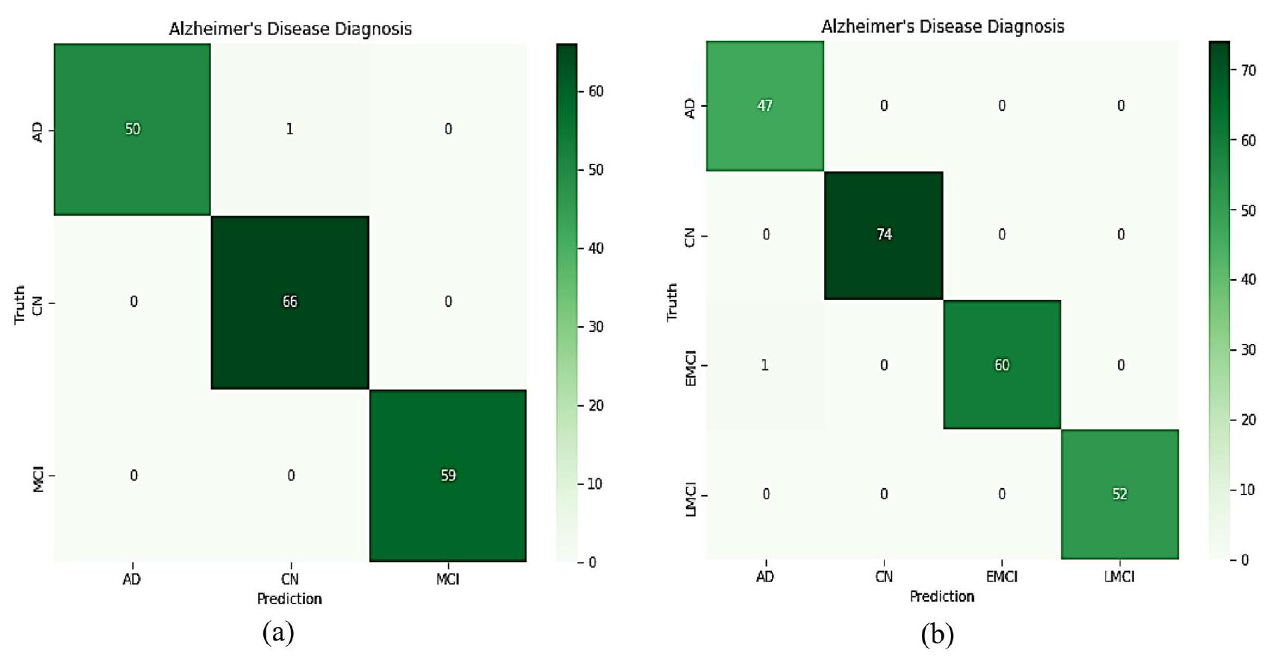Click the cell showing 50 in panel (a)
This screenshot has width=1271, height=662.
[132, 129]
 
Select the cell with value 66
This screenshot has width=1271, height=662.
[289, 302]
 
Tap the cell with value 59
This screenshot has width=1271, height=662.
[448, 475]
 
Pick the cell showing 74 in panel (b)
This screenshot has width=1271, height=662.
[884, 234]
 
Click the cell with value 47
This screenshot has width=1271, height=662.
[765, 105]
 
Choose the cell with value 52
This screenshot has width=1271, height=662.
[1120, 494]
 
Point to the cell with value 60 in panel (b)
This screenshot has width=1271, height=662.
[1001, 365]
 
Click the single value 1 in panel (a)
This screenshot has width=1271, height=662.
[289, 129]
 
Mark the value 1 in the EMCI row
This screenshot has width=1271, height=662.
[765, 365]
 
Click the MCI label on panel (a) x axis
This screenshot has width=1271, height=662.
[448, 579]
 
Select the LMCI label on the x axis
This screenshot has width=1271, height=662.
[1120, 577]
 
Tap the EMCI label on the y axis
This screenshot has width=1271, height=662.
[691, 369]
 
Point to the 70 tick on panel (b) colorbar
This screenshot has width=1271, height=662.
[1247, 71]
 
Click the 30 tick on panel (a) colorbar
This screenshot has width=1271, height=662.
[595, 327]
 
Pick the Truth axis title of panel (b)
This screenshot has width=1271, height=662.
[672, 302]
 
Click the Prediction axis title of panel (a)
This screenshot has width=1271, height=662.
[289, 599]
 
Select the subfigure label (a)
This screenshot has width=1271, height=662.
[278, 634]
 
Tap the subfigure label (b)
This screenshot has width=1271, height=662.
[938, 635]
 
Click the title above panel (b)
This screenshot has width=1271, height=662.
[942, 27]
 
